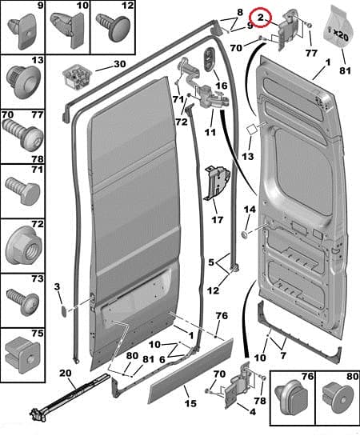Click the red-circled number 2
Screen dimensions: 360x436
(261, 18)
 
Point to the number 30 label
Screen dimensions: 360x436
(120, 64)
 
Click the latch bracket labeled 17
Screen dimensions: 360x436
(217, 182)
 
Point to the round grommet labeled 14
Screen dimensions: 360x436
(245, 234)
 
